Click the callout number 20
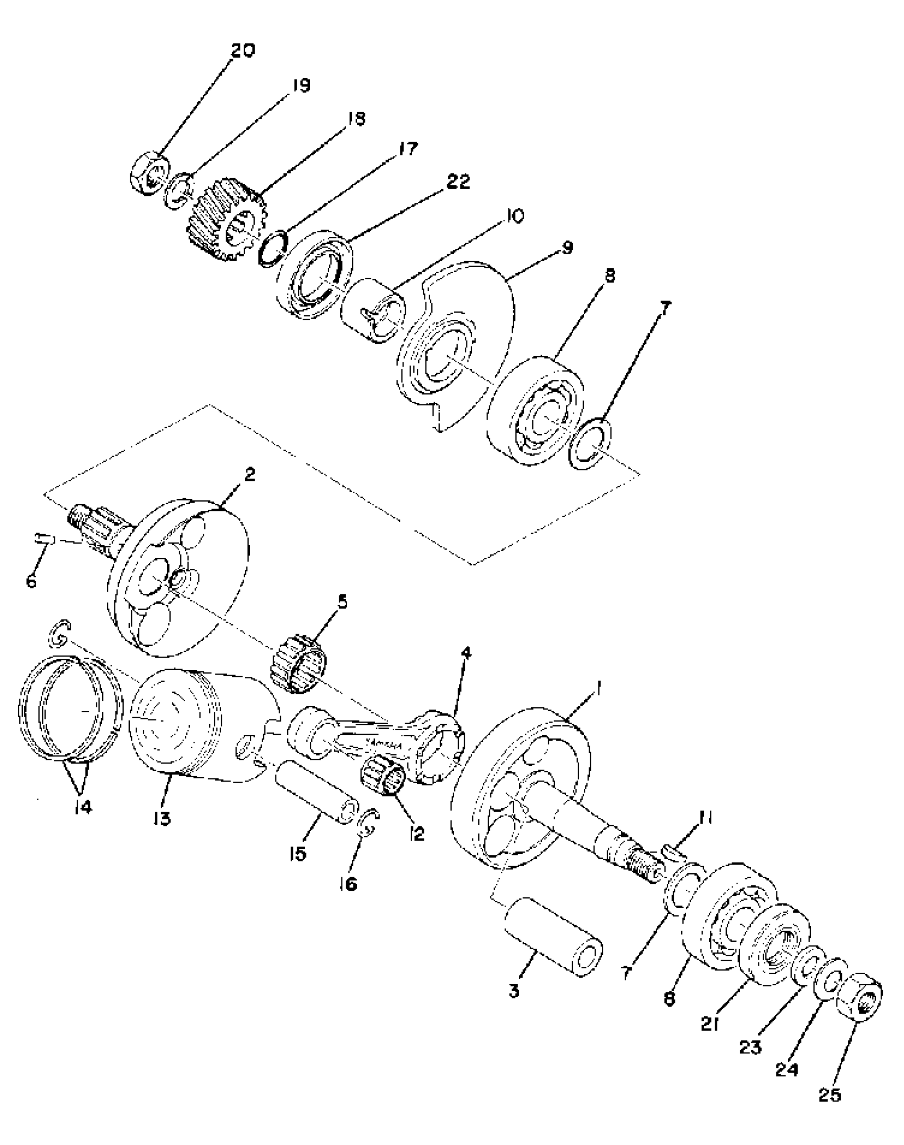[242, 51]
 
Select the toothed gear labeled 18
[225, 220]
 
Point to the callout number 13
[162, 818]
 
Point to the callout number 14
[83, 807]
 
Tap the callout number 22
[458, 181]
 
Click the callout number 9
[567, 247]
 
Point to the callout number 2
[249, 475]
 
